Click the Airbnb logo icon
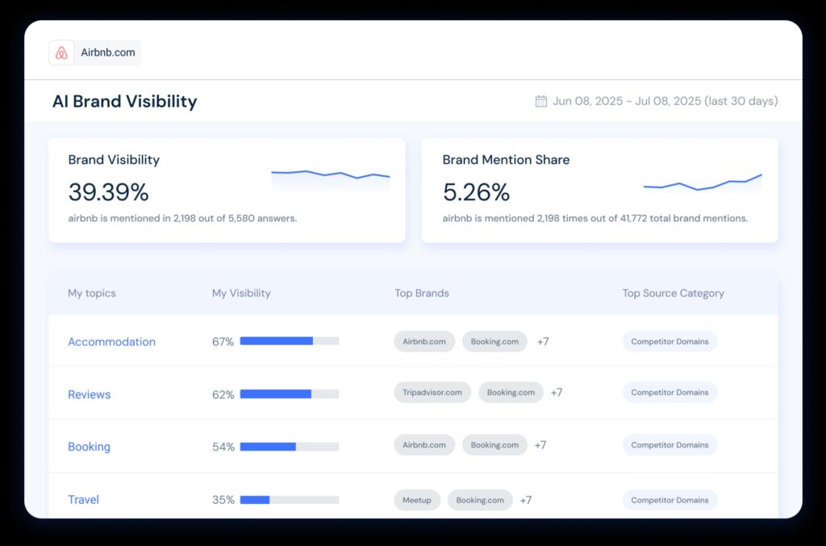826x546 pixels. click(x=61, y=53)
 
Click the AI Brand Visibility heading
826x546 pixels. click(x=124, y=101)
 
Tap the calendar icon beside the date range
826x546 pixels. click(x=541, y=101)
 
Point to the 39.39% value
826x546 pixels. click(x=108, y=192)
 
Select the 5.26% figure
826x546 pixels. click(x=476, y=192)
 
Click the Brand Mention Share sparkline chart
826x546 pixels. click(x=703, y=183)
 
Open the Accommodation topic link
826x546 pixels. click(x=111, y=342)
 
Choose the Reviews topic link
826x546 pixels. click(x=89, y=394)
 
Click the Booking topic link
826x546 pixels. click(x=89, y=447)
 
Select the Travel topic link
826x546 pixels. click(x=83, y=499)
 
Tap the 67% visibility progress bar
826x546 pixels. click(x=289, y=341)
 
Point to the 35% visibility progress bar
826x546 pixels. click(x=289, y=499)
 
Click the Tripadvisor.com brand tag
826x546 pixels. click(x=432, y=393)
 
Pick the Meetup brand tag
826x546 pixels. click(x=417, y=500)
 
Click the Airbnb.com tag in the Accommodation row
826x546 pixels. click(x=424, y=341)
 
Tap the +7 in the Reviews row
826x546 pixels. click(x=557, y=393)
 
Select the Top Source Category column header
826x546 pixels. click(x=673, y=293)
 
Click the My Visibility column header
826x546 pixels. click(x=241, y=293)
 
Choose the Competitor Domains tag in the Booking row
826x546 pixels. click(x=670, y=445)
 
